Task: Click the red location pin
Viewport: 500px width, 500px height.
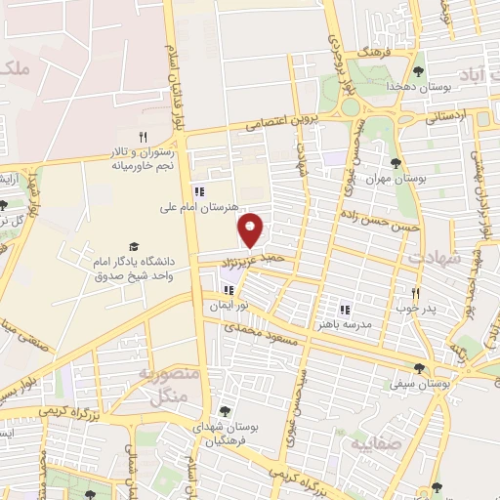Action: point(252,229)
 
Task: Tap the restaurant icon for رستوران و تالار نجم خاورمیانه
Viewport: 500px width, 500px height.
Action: point(144,137)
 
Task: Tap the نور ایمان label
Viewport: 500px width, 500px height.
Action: point(227,306)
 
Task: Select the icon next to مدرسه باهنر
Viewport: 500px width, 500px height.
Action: point(344,310)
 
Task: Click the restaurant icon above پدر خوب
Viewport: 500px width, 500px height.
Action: point(415,292)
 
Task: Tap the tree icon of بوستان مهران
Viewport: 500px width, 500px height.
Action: point(396,163)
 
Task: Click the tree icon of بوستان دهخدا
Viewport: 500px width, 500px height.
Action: point(419,71)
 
